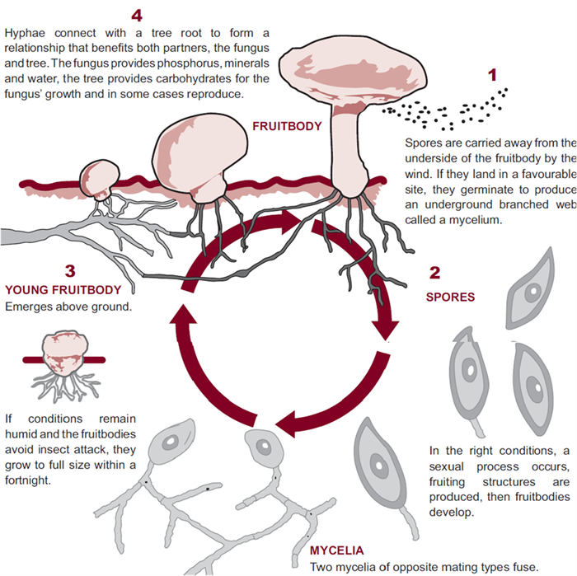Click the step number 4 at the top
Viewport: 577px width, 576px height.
point(137,14)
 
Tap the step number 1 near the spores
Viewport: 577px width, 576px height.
point(493,75)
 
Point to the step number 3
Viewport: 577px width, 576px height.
point(70,270)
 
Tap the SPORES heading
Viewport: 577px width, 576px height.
point(450,297)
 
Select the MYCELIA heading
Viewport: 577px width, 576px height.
point(340,550)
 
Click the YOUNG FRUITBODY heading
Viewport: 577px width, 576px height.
point(63,289)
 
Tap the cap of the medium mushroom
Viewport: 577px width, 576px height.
point(202,148)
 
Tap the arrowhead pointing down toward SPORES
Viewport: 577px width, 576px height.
point(385,329)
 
